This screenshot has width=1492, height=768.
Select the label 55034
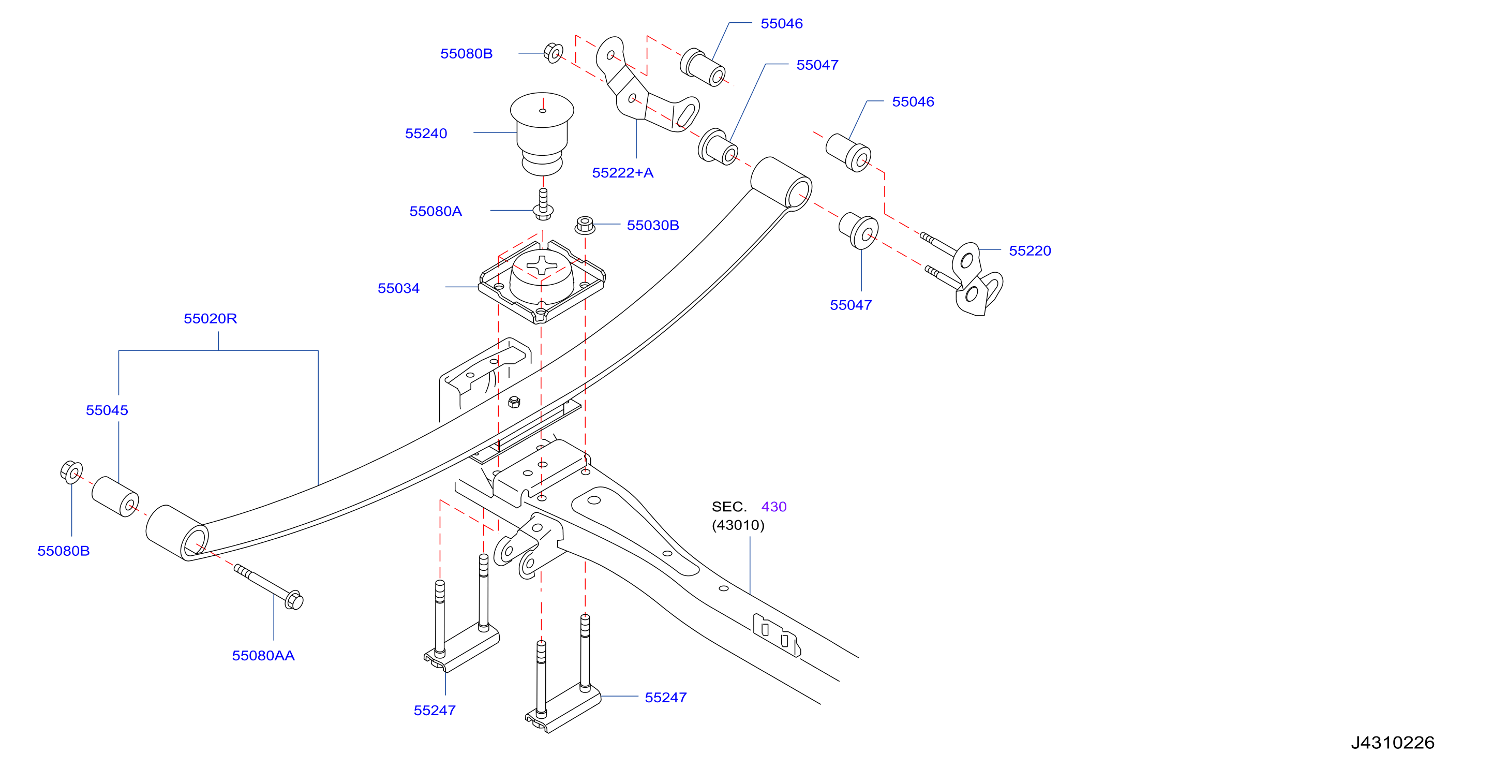398,288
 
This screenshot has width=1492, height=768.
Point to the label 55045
107,410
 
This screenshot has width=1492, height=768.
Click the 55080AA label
263,656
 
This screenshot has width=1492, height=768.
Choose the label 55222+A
623,173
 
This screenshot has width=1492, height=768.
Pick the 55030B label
653,225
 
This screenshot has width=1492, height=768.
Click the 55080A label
436,211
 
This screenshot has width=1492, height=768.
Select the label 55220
1030,251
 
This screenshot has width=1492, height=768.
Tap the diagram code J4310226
1393,743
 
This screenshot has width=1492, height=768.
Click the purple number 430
774,507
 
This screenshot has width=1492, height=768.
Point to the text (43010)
738,525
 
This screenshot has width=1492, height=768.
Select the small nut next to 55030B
585,225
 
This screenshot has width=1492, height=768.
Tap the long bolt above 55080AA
268,587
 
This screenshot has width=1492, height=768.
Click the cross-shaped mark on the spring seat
542,265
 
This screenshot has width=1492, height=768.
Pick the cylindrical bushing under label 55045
115,496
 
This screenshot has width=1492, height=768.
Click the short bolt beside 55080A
543,204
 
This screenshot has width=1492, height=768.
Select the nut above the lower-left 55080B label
71,472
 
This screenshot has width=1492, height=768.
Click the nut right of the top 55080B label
553,53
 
